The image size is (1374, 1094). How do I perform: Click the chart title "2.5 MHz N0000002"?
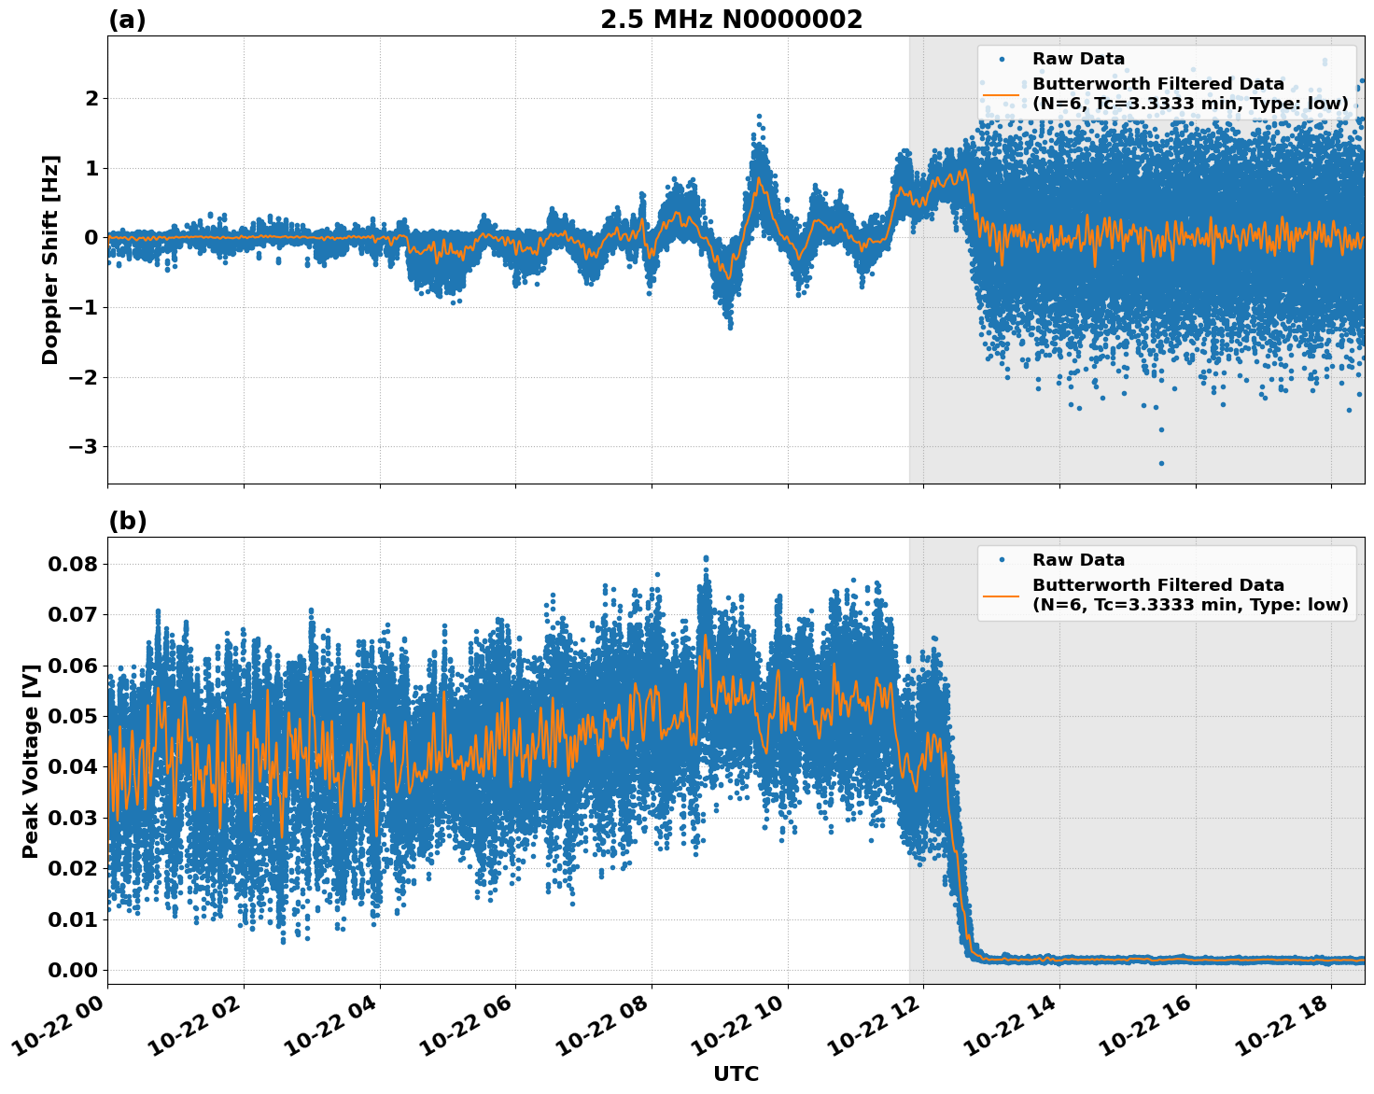[x=731, y=20]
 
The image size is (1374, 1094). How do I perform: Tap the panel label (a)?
[x=127, y=20]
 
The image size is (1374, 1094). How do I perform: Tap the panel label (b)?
[x=127, y=521]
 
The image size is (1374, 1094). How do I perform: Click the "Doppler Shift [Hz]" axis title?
[x=50, y=259]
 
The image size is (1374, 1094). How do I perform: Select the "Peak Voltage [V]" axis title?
[x=31, y=761]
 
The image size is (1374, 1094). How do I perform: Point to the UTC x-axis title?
[x=736, y=1073]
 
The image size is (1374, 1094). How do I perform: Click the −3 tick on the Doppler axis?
[x=83, y=447]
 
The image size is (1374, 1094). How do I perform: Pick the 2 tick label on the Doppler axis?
[x=91, y=99]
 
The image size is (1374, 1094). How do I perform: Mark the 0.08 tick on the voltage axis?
[x=72, y=564]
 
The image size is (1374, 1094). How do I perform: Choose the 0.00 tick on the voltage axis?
[x=72, y=970]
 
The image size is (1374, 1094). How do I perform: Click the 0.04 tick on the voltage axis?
[x=72, y=767]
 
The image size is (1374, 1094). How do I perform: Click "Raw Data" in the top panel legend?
[x=1078, y=59]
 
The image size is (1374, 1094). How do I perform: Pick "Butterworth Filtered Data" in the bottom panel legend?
[x=1157, y=585]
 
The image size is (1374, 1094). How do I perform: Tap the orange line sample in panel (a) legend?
[x=1002, y=93]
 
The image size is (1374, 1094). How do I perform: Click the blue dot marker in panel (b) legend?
[x=1002, y=560]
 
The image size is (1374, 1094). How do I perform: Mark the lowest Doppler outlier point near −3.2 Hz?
[x=1161, y=463]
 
